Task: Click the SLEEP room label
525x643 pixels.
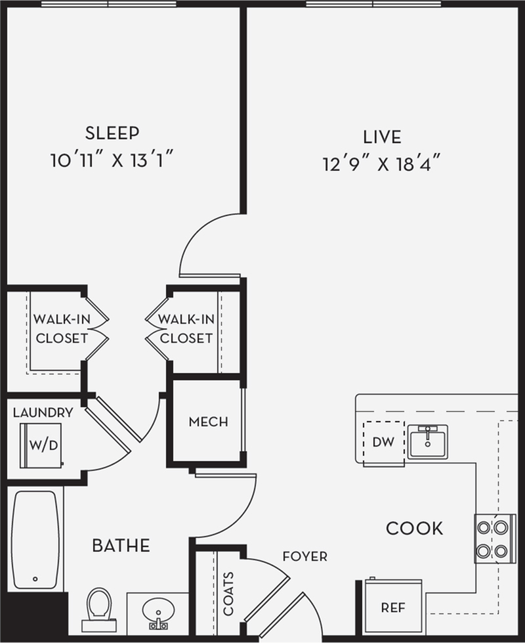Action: [x=112, y=133]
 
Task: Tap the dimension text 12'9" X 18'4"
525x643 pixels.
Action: [x=381, y=164]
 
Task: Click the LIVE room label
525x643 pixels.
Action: [x=381, y=137]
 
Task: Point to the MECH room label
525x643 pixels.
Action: [x=208, y=422]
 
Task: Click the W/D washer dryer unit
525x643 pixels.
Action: [x=42, y=445]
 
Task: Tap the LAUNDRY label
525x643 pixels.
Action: [x=43, y=413]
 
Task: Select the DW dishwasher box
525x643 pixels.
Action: [x=383, y=442]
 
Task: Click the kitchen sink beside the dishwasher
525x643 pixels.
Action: [x=427, y=441]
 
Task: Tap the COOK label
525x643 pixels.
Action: [x=414, y=528]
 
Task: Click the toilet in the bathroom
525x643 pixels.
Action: [x=99, y=608]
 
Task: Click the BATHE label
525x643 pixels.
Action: [x=121, y=545]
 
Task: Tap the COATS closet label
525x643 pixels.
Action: [x=228, y=593]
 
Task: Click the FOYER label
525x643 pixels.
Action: [x=304, y=557]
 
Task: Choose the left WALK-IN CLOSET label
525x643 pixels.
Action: [x=61, y=329]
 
